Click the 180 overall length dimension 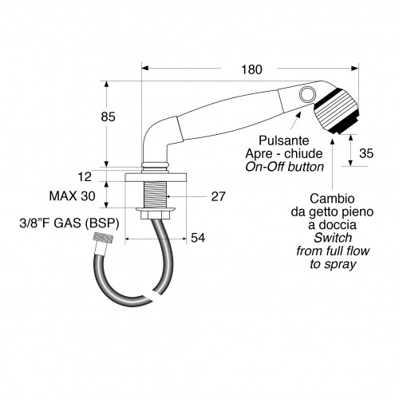(251, 69)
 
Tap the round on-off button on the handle (305, 96)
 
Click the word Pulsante (291, 141)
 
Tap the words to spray (334, 263)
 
